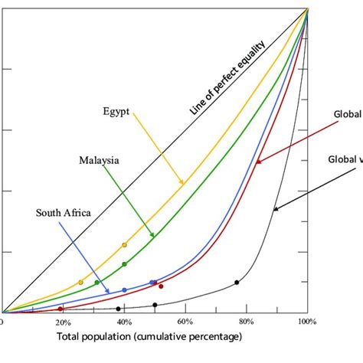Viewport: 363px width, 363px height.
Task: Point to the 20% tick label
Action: point(62,322)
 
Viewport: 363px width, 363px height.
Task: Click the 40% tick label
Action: point(123,322)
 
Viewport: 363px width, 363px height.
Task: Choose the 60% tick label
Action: point(185,322)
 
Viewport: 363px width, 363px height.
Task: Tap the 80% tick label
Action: point(246,322)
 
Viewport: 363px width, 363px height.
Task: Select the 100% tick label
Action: point(306,322)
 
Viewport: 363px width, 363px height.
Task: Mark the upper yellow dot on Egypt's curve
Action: point(124,245)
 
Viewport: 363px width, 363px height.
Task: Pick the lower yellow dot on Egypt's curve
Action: point(80,283)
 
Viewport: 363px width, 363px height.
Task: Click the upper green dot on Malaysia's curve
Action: point(124,264)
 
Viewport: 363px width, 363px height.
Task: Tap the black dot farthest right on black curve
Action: point(237,283)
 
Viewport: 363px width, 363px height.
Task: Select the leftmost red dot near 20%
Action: point(60,309)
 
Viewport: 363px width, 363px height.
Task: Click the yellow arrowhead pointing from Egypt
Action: point(184,184)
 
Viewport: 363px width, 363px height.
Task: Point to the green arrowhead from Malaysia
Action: point(153,236)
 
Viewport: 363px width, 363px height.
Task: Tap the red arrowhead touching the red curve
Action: point(258,162)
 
